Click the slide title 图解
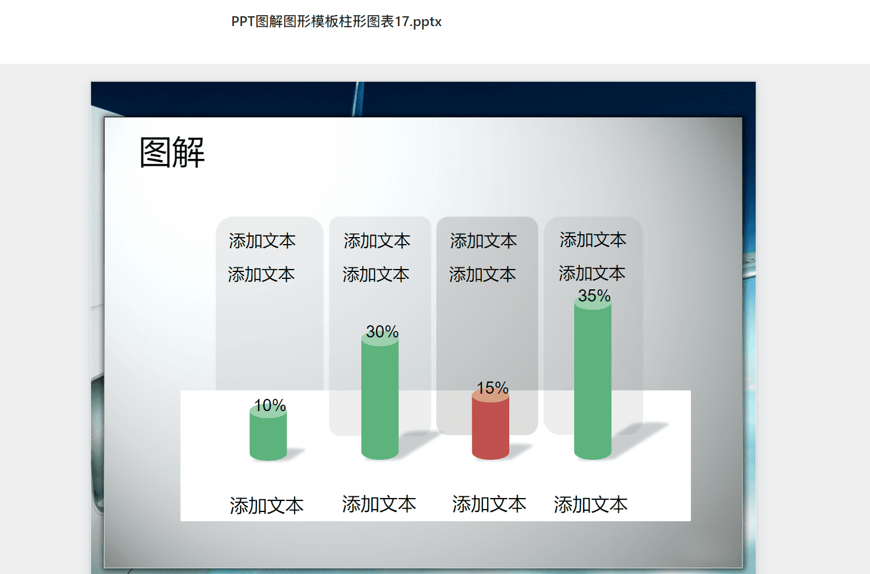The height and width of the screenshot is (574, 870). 172,152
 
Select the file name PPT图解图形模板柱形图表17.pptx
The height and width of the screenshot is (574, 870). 336,22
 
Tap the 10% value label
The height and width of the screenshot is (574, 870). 270,405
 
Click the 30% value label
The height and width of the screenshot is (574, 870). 382,332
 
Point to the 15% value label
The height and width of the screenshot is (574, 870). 492,387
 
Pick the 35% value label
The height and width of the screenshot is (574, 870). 594,296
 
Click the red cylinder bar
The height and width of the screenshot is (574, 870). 491,425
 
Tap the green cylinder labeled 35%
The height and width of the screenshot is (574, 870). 593,379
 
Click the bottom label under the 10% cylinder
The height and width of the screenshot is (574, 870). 266,506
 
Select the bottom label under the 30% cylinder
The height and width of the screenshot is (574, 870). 379,504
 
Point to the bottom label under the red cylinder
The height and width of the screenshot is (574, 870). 490,504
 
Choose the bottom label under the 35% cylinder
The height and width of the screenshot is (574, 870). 591,504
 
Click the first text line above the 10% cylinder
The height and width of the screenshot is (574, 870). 262,241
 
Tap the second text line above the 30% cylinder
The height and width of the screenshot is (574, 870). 376,275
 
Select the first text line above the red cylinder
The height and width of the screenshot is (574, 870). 484,241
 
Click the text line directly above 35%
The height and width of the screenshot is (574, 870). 592,274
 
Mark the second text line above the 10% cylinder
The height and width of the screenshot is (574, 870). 262,275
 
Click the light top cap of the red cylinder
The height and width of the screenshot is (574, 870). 491,396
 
